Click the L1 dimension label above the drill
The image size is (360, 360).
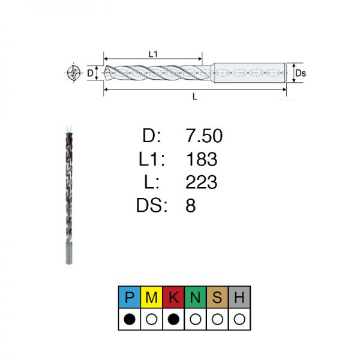[x=153, y=54]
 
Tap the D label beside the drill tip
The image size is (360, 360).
[x=90, y=73]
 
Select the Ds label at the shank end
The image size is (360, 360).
[x=301, y=73]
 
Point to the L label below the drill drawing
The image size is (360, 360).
[x=194, y=97]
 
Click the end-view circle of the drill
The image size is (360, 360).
[x=74, y=73]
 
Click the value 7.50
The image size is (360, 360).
[x=204, y=136]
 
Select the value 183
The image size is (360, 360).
[x=202, y=159]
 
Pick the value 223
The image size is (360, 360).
[x=202, y=182]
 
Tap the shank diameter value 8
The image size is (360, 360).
[x=191, y=205]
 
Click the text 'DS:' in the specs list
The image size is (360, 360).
[x=152, y=205]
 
